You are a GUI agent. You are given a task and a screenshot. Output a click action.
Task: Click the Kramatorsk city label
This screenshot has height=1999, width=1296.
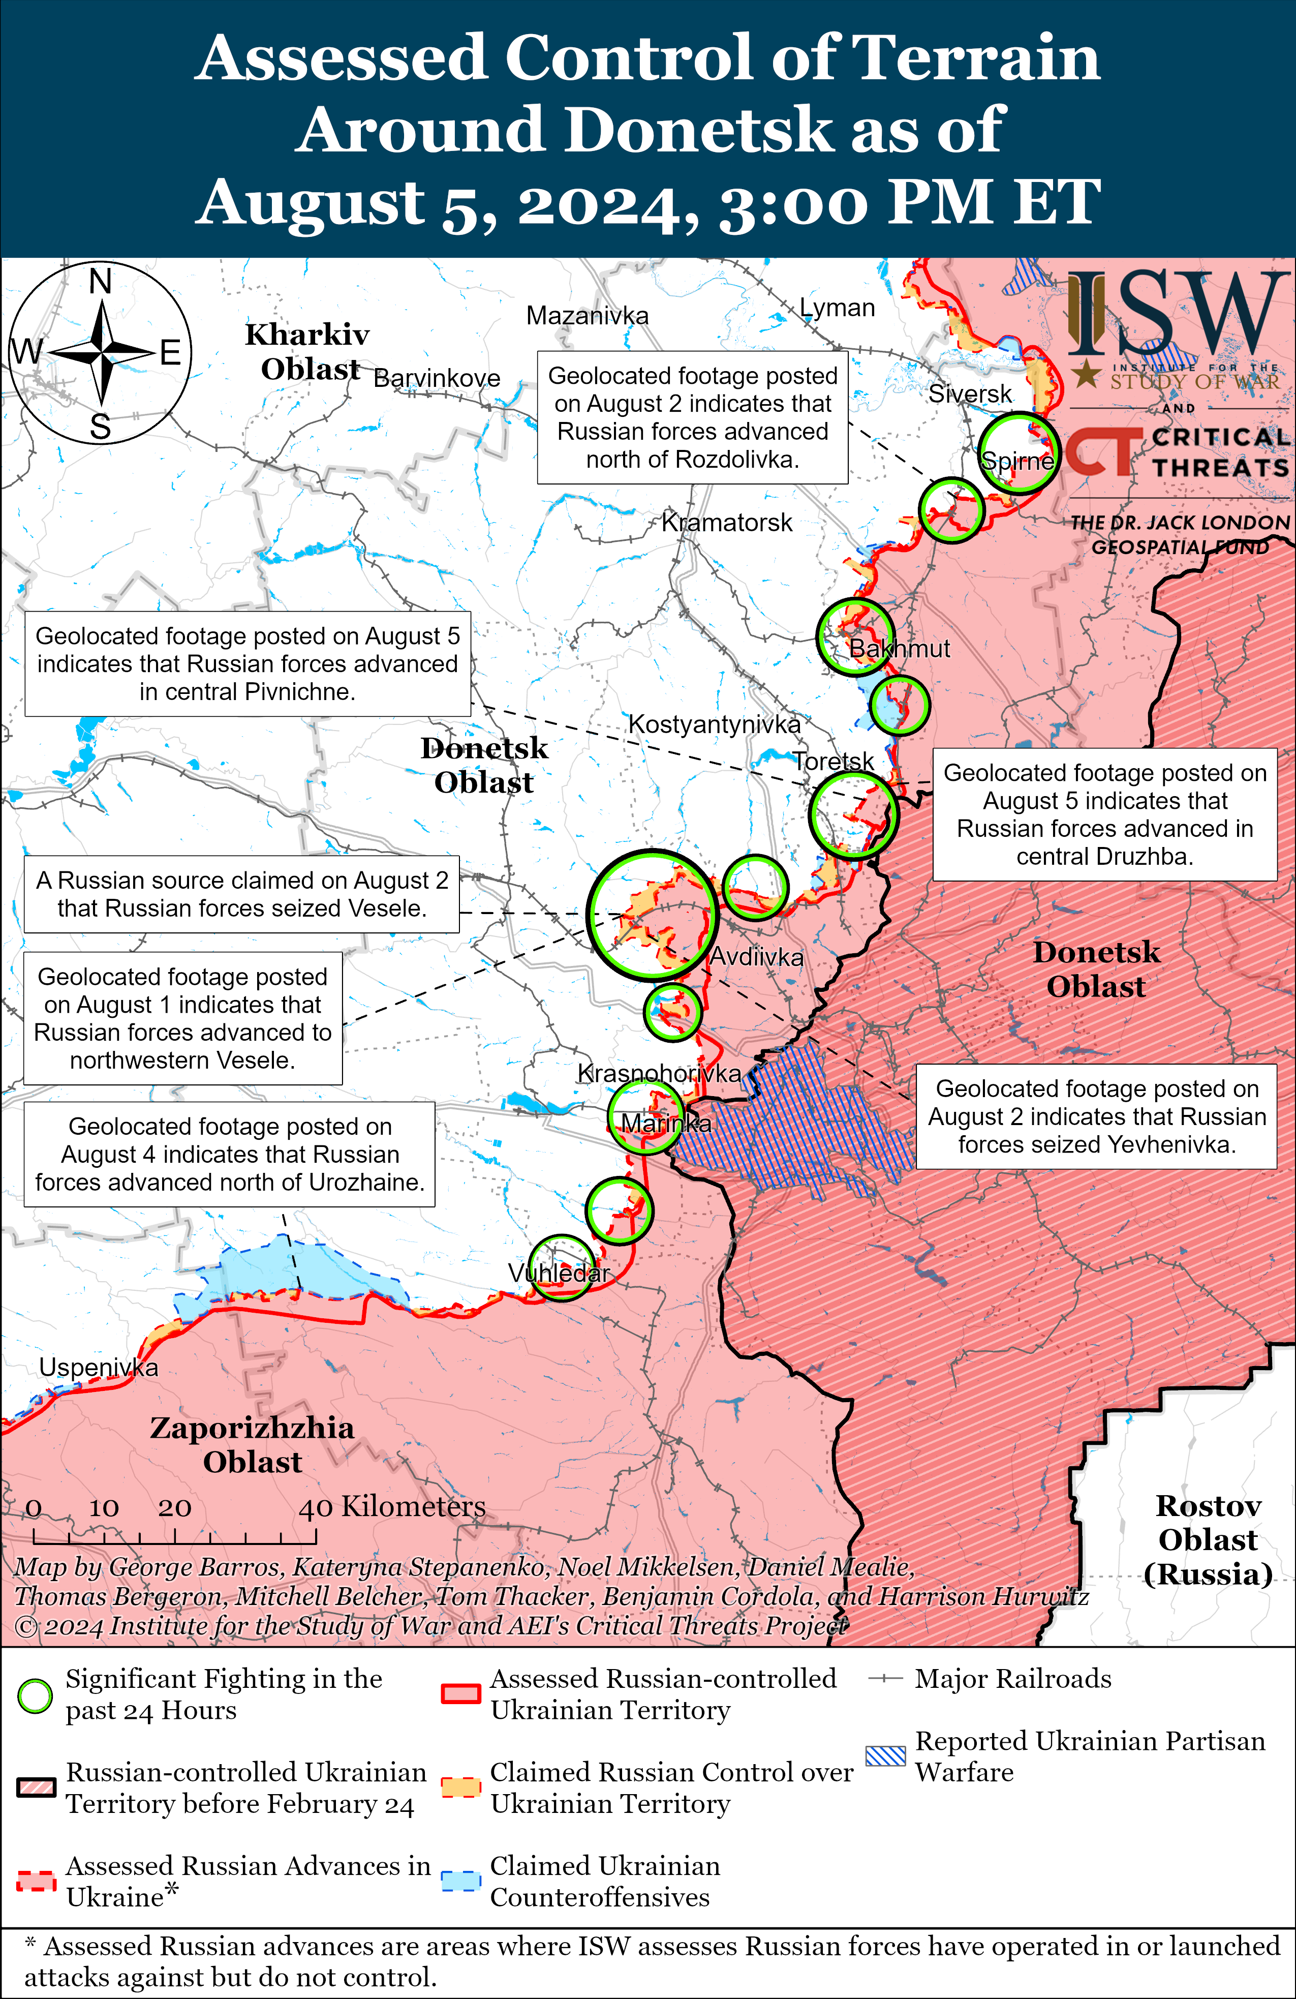tap(727, 523)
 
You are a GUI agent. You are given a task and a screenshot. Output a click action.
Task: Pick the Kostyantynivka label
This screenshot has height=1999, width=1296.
tap(714, 724)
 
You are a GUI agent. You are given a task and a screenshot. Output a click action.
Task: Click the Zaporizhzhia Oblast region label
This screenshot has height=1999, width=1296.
tap(252, 1445)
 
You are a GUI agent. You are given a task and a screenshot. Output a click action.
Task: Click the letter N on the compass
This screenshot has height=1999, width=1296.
tap(100, 281)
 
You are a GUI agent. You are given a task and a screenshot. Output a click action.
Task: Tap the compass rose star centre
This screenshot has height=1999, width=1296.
tap(101, 353)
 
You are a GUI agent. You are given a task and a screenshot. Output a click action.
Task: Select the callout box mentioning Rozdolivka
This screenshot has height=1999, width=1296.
tap(692, 417)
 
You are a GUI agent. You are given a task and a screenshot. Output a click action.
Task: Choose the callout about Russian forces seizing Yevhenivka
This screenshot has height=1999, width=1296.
tap(1096, 1116)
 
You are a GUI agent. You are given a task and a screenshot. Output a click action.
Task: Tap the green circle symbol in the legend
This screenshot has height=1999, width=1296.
tap(35, 1696)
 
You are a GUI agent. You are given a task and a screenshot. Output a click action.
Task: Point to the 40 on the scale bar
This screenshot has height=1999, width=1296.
tap(316, 1508)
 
